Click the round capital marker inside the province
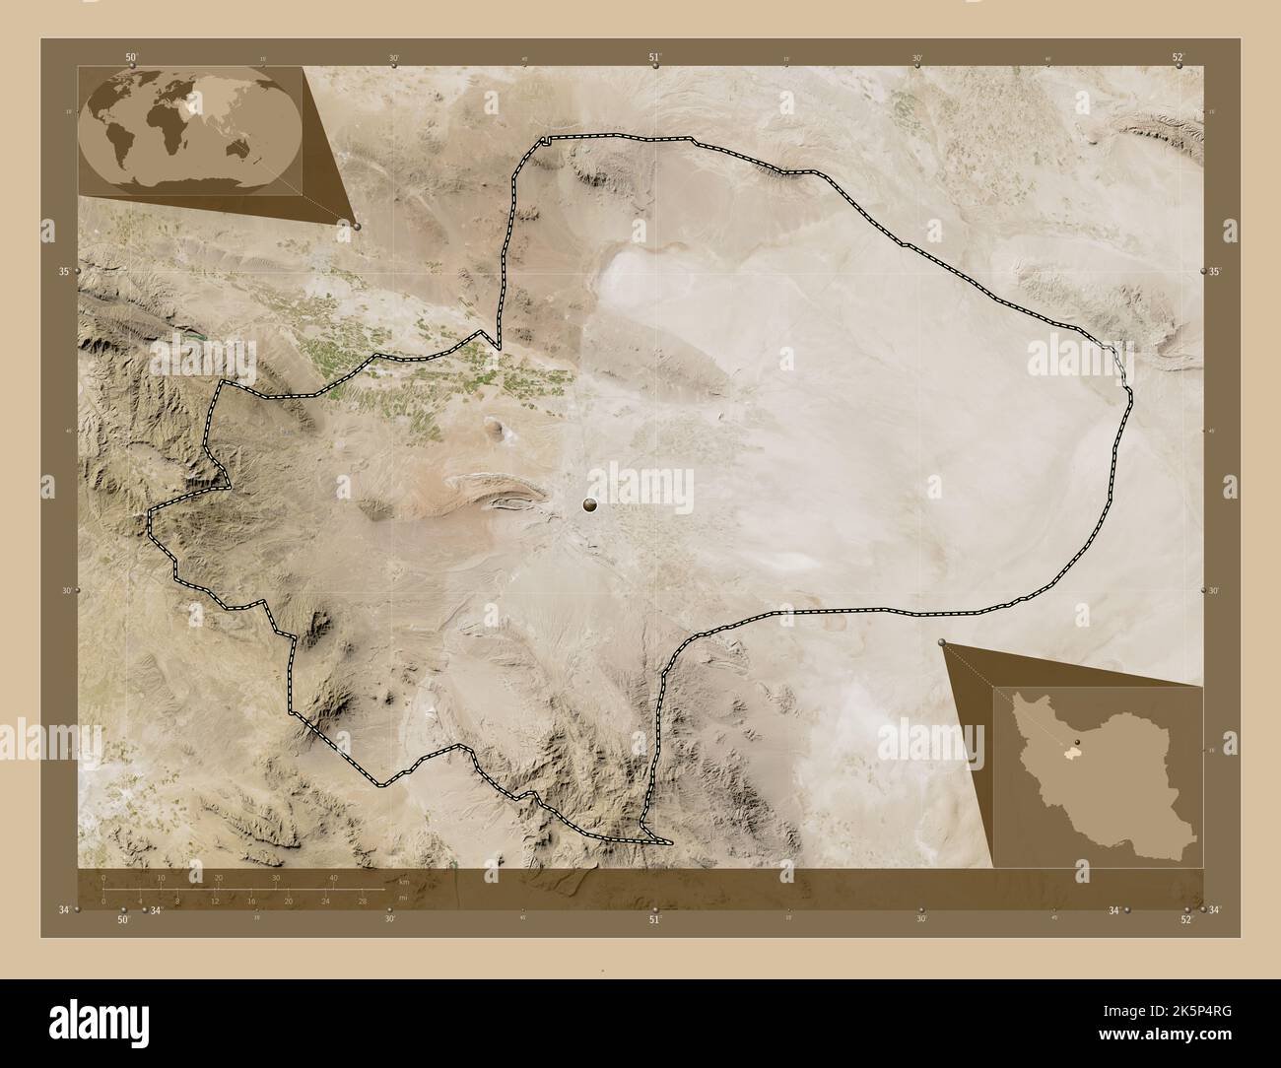(590, 505)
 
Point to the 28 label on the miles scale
(363, 901)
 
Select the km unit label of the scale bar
(403, 882)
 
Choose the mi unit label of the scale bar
(403, 898)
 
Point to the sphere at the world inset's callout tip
(356, 226)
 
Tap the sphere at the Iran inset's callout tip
(943, 643)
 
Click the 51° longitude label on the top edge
(654, 57)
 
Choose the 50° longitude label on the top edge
(131, 57)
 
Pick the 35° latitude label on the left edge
(64, 271)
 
